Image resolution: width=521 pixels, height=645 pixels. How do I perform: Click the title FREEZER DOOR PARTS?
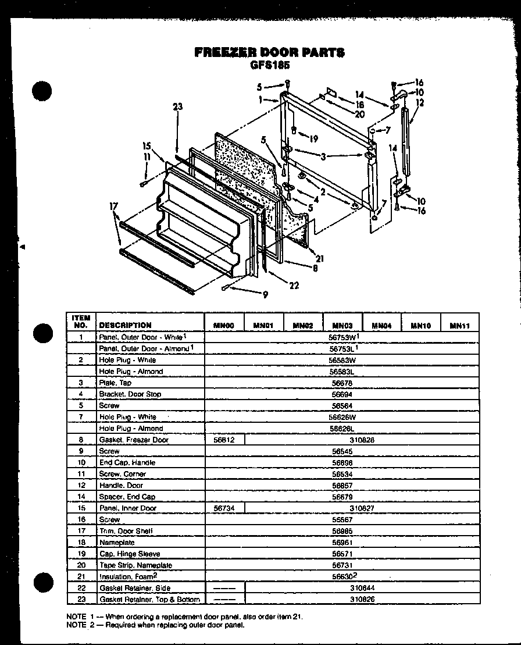269,52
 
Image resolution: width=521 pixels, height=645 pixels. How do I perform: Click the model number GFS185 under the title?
269,65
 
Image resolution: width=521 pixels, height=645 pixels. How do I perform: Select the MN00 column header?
223,326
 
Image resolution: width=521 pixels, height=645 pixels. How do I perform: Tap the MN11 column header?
459,326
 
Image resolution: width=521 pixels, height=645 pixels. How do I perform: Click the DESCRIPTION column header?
125,325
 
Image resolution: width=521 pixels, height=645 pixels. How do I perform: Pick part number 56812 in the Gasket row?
224,440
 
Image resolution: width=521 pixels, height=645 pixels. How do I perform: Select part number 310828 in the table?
362,440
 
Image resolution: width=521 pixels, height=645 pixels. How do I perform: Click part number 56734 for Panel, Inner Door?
224,508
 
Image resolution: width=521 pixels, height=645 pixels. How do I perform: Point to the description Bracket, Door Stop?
130,394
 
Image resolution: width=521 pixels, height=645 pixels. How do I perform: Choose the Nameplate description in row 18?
117,543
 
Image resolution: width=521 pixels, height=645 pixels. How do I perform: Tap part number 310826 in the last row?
362,599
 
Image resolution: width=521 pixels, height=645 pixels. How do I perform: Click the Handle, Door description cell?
121,486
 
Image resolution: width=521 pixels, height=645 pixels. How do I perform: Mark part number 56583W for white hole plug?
342,361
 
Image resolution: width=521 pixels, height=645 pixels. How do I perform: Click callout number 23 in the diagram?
177,106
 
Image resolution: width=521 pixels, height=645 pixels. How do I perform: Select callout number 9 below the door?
265,295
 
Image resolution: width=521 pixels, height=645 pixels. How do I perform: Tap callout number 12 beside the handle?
420,103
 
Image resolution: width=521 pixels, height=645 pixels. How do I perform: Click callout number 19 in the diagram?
313,139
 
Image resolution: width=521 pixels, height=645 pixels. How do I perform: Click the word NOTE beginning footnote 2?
76,625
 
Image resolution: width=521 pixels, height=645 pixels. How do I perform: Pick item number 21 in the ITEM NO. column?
82,576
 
